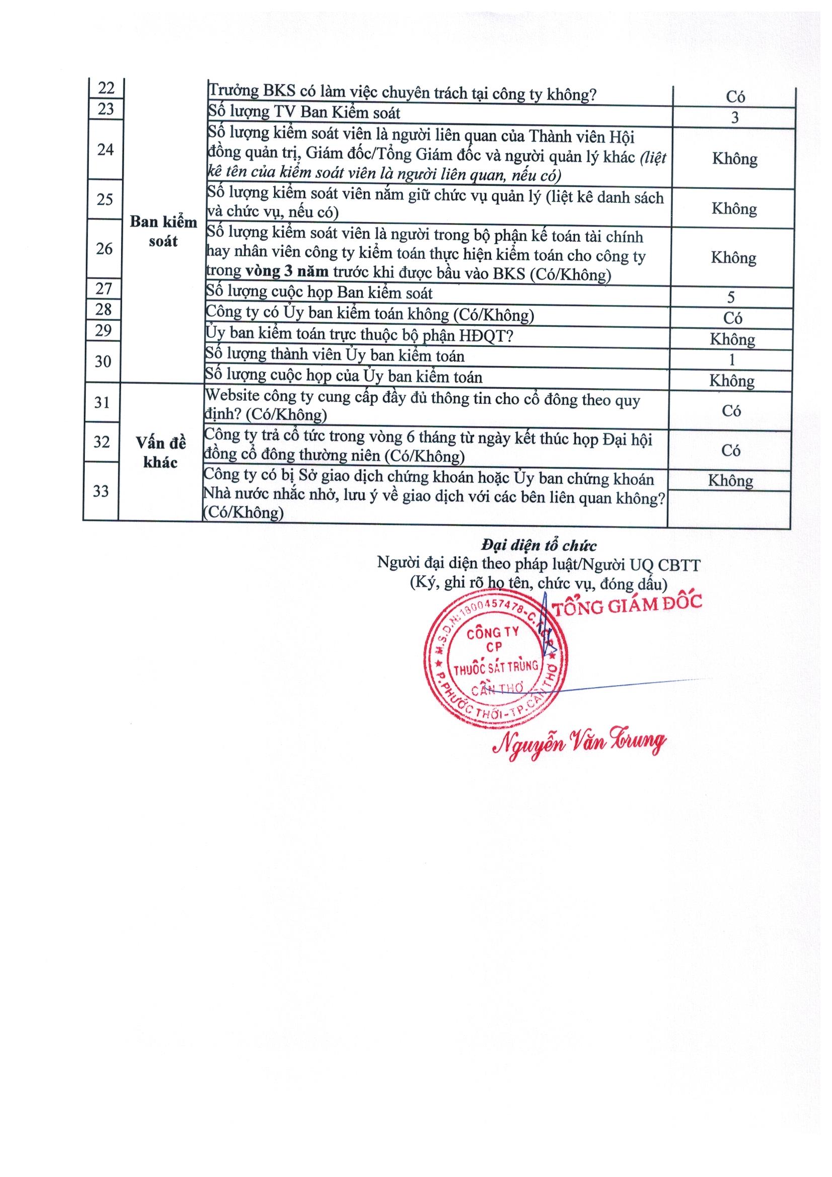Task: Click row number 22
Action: click(x=106, y=88)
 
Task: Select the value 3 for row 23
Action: click(x=734, y=117)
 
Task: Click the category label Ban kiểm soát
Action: click(x=163, y=231)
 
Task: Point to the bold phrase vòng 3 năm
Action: click(x=286, y=272)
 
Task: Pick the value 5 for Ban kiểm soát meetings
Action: click(x=731, y=298)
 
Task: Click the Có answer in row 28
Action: click(x=732, y=318)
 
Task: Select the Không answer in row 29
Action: click(x=732, y=339)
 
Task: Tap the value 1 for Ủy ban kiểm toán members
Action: click(x=731, y=360)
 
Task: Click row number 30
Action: click(x=103, y=361)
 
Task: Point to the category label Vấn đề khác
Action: click(x=161, y=452)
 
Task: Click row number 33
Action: click(x=101, y=491)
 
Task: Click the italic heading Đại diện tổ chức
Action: click(x=539, y=545)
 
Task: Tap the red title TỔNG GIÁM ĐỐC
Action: click(x=627, y=605)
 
